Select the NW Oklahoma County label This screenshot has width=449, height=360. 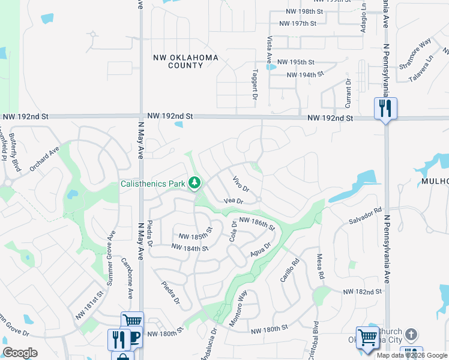coord(185,61)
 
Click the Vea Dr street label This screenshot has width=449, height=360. coord(233,202)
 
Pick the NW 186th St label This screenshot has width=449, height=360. coord(256,224)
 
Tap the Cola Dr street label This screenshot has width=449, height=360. coord(234,231)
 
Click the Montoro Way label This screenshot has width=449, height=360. coord(238,308)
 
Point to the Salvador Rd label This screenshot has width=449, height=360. coord(366,217)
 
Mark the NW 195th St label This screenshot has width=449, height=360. coord(301,62)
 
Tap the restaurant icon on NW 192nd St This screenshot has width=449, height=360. coord(385,109)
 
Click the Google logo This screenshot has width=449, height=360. coord(20,353)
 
